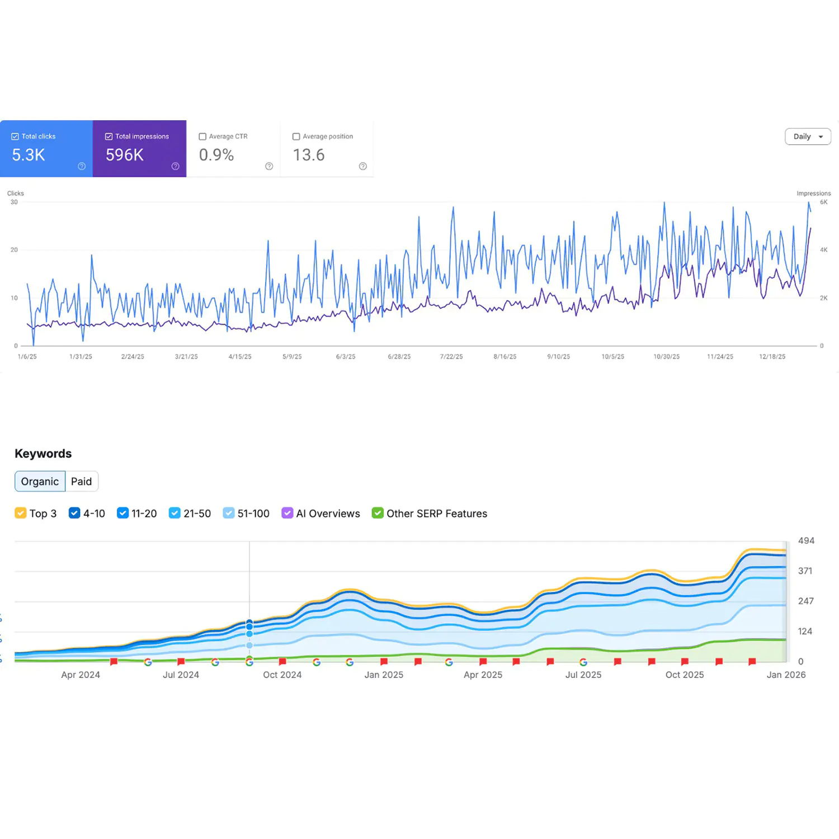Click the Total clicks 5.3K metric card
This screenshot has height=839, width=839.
pyautogui.click(x=46, y=149)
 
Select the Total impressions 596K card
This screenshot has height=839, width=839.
pyautogui.click(x=139, y=149)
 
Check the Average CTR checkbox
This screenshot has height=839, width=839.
pyautogui.click(x=202, y=136)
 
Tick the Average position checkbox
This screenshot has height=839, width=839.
pyautogui.click(x=296, y=136)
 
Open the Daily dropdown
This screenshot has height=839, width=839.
pyautogui.click(x=808, y=136)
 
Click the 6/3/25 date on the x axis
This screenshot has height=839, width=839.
pyautogui.click(x=346, y=357)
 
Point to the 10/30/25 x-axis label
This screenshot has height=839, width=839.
pyautogui.click(x=666, y=357)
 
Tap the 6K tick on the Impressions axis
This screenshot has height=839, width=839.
pyautogui.click(x=823, y=202)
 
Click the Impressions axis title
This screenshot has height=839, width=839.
pyautogui.click(x=813, y=194)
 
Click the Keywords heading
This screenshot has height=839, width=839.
pyautogui.click(x=43, y=454)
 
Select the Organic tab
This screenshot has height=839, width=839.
pyautogui.click(x=40, y=482)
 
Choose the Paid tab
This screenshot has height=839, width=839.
pyautogui.click(x=81, y=482)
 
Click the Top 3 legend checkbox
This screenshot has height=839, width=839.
pyautogui.click(x=21, y=513)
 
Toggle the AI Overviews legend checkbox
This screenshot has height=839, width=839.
pyautogui.click(x=287, y=513)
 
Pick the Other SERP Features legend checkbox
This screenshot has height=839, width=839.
pyautogui.click(x=378, y=513)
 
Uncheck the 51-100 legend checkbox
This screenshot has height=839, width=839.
pyautogui.click(x=228, y=513)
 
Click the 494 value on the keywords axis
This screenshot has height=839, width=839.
pyautogui.click(x=806, y=541)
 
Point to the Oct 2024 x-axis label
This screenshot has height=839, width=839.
pyautogui.click(x=282, y=675)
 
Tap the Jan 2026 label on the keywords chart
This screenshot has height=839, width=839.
pyautogui.click(x=786, y=675)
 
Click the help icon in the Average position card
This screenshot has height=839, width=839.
pyautogui.click(x=363, y=166)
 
